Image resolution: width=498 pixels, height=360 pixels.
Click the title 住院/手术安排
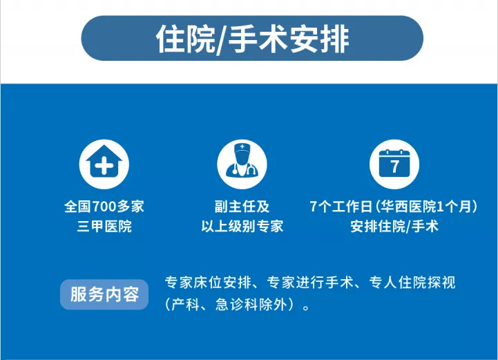pos(253,39)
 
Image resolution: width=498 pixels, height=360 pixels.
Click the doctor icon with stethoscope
pos(242,164)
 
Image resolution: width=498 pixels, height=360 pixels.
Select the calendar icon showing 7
pos(394,164)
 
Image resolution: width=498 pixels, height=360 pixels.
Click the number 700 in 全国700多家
pos(104,207)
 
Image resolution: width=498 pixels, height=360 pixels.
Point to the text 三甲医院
pos(104,227)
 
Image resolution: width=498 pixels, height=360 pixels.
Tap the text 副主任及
pos(242,207)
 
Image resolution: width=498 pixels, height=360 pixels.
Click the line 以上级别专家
pos(242,227)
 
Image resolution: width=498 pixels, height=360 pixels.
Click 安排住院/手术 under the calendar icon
pos(394,227)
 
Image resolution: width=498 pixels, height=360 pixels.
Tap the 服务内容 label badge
pos(104,294)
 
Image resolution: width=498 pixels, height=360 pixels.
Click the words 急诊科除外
pos(251,305)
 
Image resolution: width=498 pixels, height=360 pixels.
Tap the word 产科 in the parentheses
pos(186,305)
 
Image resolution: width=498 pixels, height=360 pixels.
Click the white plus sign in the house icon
pos(104,165)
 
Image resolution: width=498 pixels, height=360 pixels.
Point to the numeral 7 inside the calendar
pos(394,167)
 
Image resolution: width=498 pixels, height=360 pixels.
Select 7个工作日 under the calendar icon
pos(341,207)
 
